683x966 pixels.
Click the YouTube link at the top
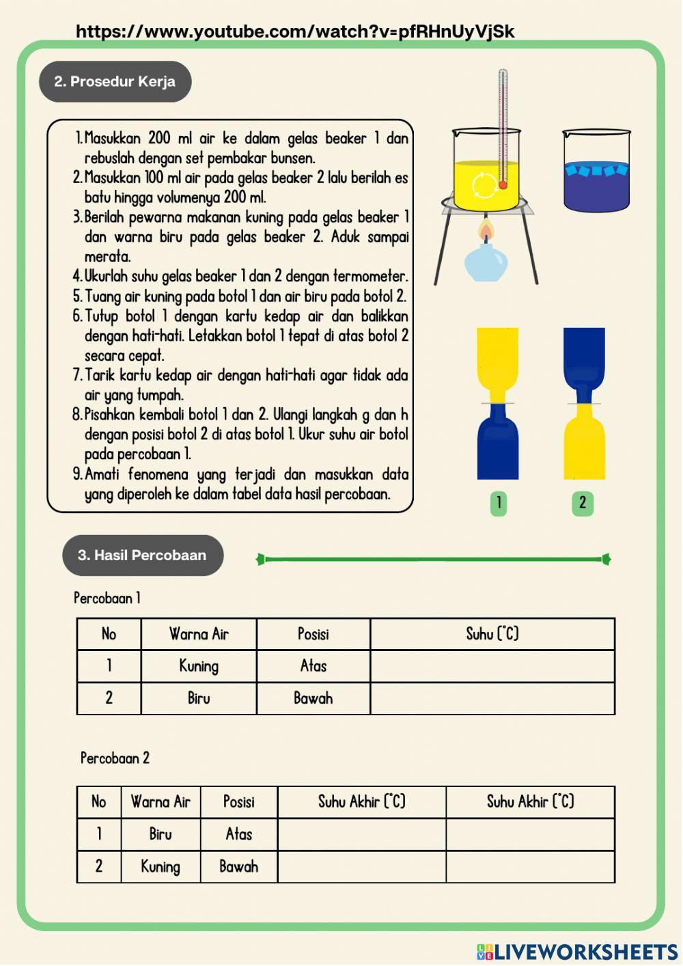294,31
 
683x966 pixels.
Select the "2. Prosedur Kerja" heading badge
115,81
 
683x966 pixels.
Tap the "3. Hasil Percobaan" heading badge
142,555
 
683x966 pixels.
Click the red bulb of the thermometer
503,184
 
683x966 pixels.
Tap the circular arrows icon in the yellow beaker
486,184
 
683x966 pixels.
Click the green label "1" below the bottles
499,503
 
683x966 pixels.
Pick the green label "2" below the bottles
583,503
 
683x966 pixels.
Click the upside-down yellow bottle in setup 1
498,362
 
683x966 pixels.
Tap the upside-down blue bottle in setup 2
584,362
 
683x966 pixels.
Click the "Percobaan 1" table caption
107,598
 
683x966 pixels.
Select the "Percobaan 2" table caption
115,758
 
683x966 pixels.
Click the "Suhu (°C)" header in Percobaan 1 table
492,634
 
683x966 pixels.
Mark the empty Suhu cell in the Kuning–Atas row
492,666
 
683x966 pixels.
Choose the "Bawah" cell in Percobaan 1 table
313,698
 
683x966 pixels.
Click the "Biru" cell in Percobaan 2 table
161,834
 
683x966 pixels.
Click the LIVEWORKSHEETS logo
577,952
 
